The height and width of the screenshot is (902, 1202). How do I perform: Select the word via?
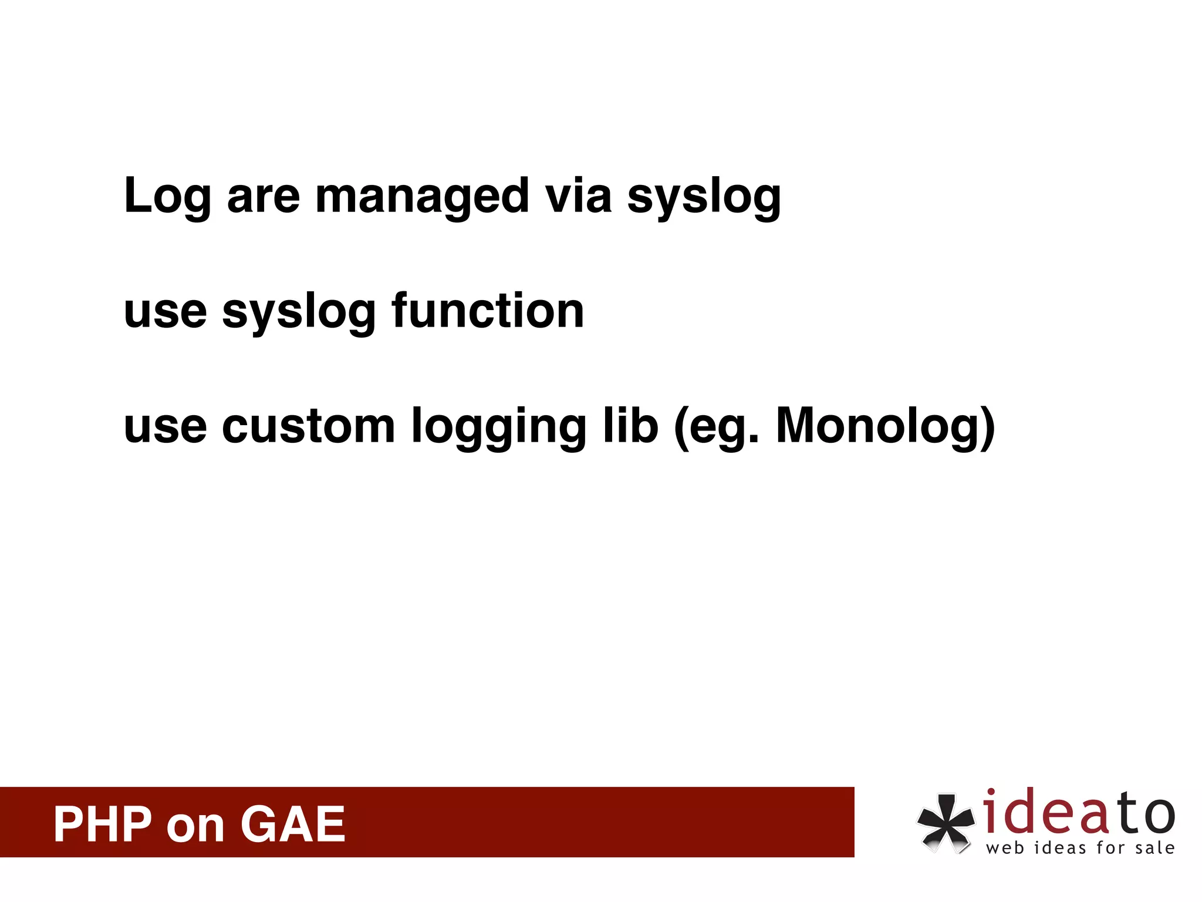pyautogui.click(x=578, y=195)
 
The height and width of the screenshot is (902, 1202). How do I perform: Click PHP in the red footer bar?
pyautogui.click(x=103, y=824)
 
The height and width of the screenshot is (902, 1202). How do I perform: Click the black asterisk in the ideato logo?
pyautogui.click(x=944, y=822)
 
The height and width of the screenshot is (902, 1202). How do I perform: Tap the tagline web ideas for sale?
pyautogui.click(x=1080, y=848)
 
